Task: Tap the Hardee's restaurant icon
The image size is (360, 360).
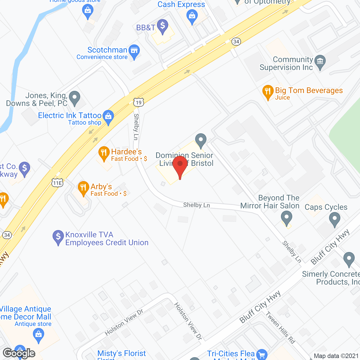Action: [104, 153]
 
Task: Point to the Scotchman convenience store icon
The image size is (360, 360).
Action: [134, 51]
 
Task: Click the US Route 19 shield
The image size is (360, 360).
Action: [139, 102]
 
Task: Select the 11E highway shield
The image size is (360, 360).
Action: [57, 183]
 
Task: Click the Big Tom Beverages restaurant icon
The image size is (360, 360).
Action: [268, 91]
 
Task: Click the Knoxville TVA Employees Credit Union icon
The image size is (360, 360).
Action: [58, 237]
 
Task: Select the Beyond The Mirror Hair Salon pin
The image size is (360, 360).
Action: [287, 218]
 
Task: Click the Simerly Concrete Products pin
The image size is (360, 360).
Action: [349, 258]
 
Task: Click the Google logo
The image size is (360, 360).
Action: [19, 353]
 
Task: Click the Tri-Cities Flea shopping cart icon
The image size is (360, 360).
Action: [262, 354]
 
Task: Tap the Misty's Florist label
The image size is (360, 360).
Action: [121, 354]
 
